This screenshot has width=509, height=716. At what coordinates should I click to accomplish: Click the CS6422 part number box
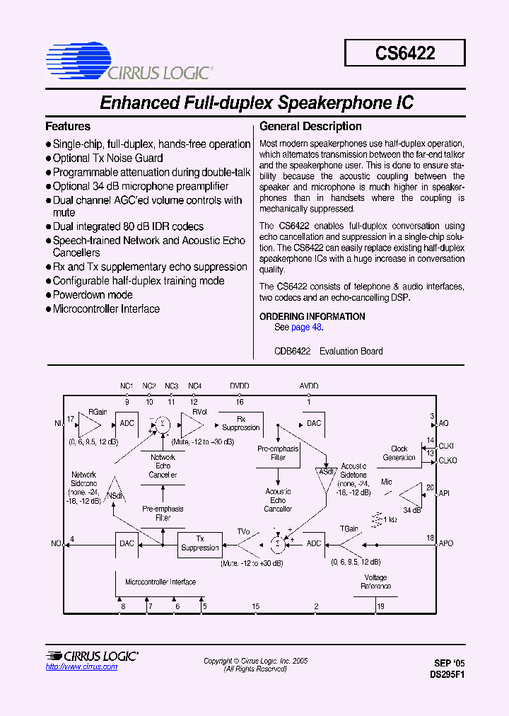pos(405,53)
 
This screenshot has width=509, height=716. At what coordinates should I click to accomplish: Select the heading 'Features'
pos(68,127)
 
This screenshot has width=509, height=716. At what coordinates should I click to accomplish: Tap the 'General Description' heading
pos(310,127)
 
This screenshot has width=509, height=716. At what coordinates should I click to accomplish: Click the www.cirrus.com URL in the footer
pos(81,667)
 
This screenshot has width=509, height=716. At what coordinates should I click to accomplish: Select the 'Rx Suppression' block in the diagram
pos(240,423)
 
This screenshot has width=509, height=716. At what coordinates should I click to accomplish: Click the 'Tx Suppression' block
pos(200,543)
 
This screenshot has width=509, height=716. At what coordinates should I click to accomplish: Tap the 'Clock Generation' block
pos(399,453)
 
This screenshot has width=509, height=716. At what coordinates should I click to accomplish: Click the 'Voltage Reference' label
pos(375,582)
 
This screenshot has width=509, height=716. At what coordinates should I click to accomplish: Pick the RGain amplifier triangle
pos(88,425)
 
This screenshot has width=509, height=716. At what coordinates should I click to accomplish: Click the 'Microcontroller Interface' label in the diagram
pos(160,582)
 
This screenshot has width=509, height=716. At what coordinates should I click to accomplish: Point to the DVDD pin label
pos(239,386)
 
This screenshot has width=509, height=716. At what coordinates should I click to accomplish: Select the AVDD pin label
pos(308,386)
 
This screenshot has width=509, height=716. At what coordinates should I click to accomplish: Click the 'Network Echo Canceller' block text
pos(163,466)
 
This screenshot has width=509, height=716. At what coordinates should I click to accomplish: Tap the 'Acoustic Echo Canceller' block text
pos(278,500)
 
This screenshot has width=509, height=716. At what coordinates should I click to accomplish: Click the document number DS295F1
pos(447,675)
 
